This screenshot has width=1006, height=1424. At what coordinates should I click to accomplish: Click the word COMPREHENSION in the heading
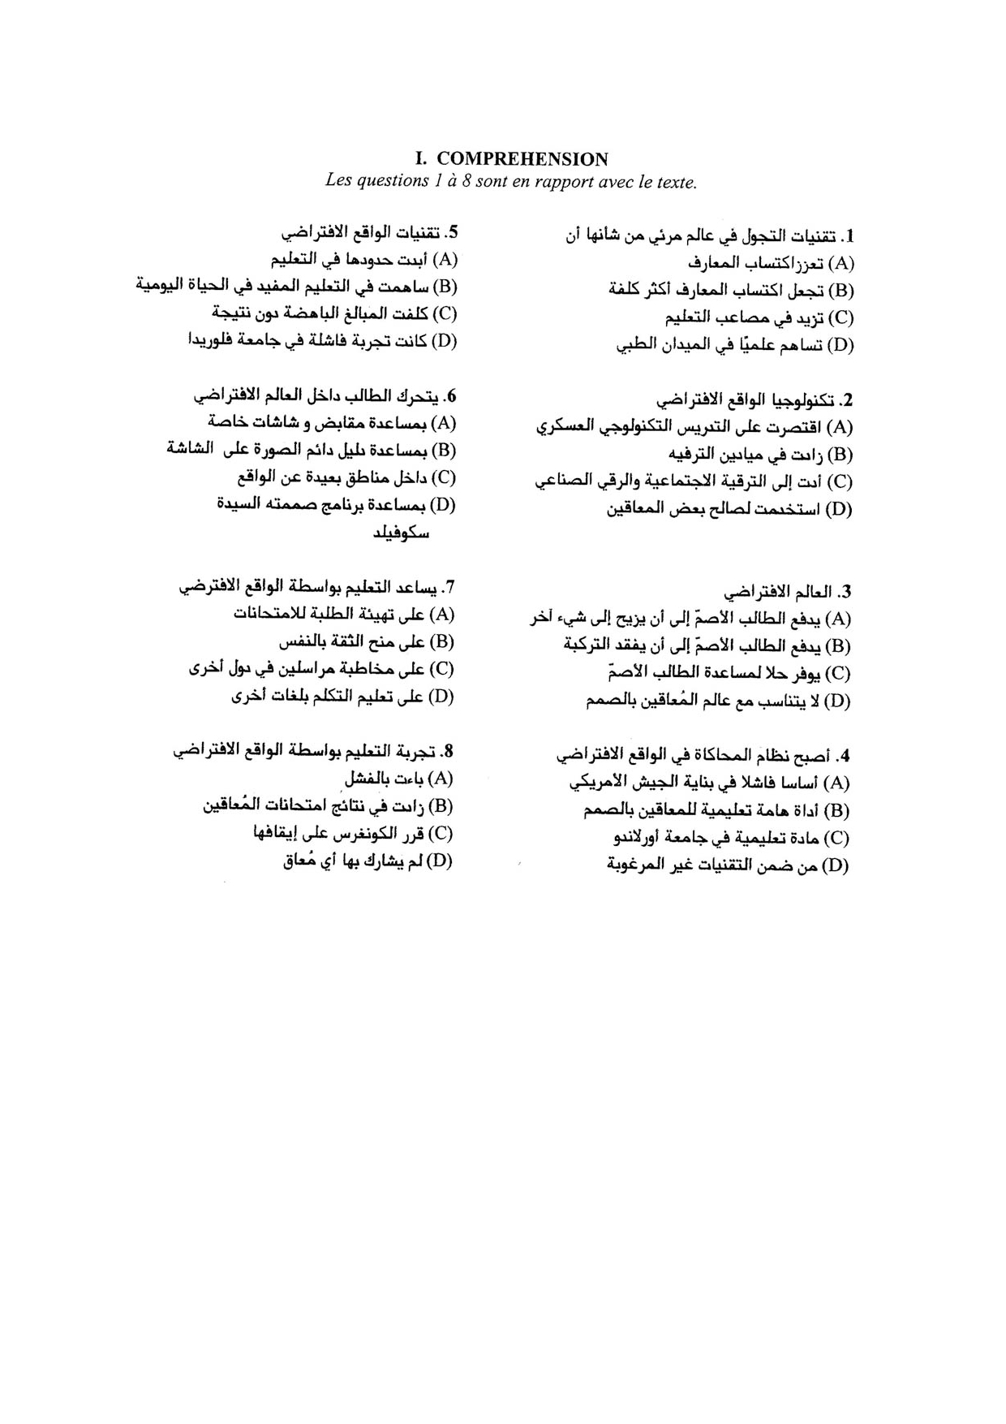point(522,159)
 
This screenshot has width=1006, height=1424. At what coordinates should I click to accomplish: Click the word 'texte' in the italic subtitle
point(676,182)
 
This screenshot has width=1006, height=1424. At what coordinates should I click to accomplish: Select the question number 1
point(848,236)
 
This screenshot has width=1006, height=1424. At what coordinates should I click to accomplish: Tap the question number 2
point(848,400)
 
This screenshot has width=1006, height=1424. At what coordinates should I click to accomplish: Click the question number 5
point(454,233)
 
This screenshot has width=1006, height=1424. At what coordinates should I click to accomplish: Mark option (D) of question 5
point(445,341)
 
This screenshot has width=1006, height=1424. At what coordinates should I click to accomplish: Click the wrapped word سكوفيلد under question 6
point(401,533)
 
